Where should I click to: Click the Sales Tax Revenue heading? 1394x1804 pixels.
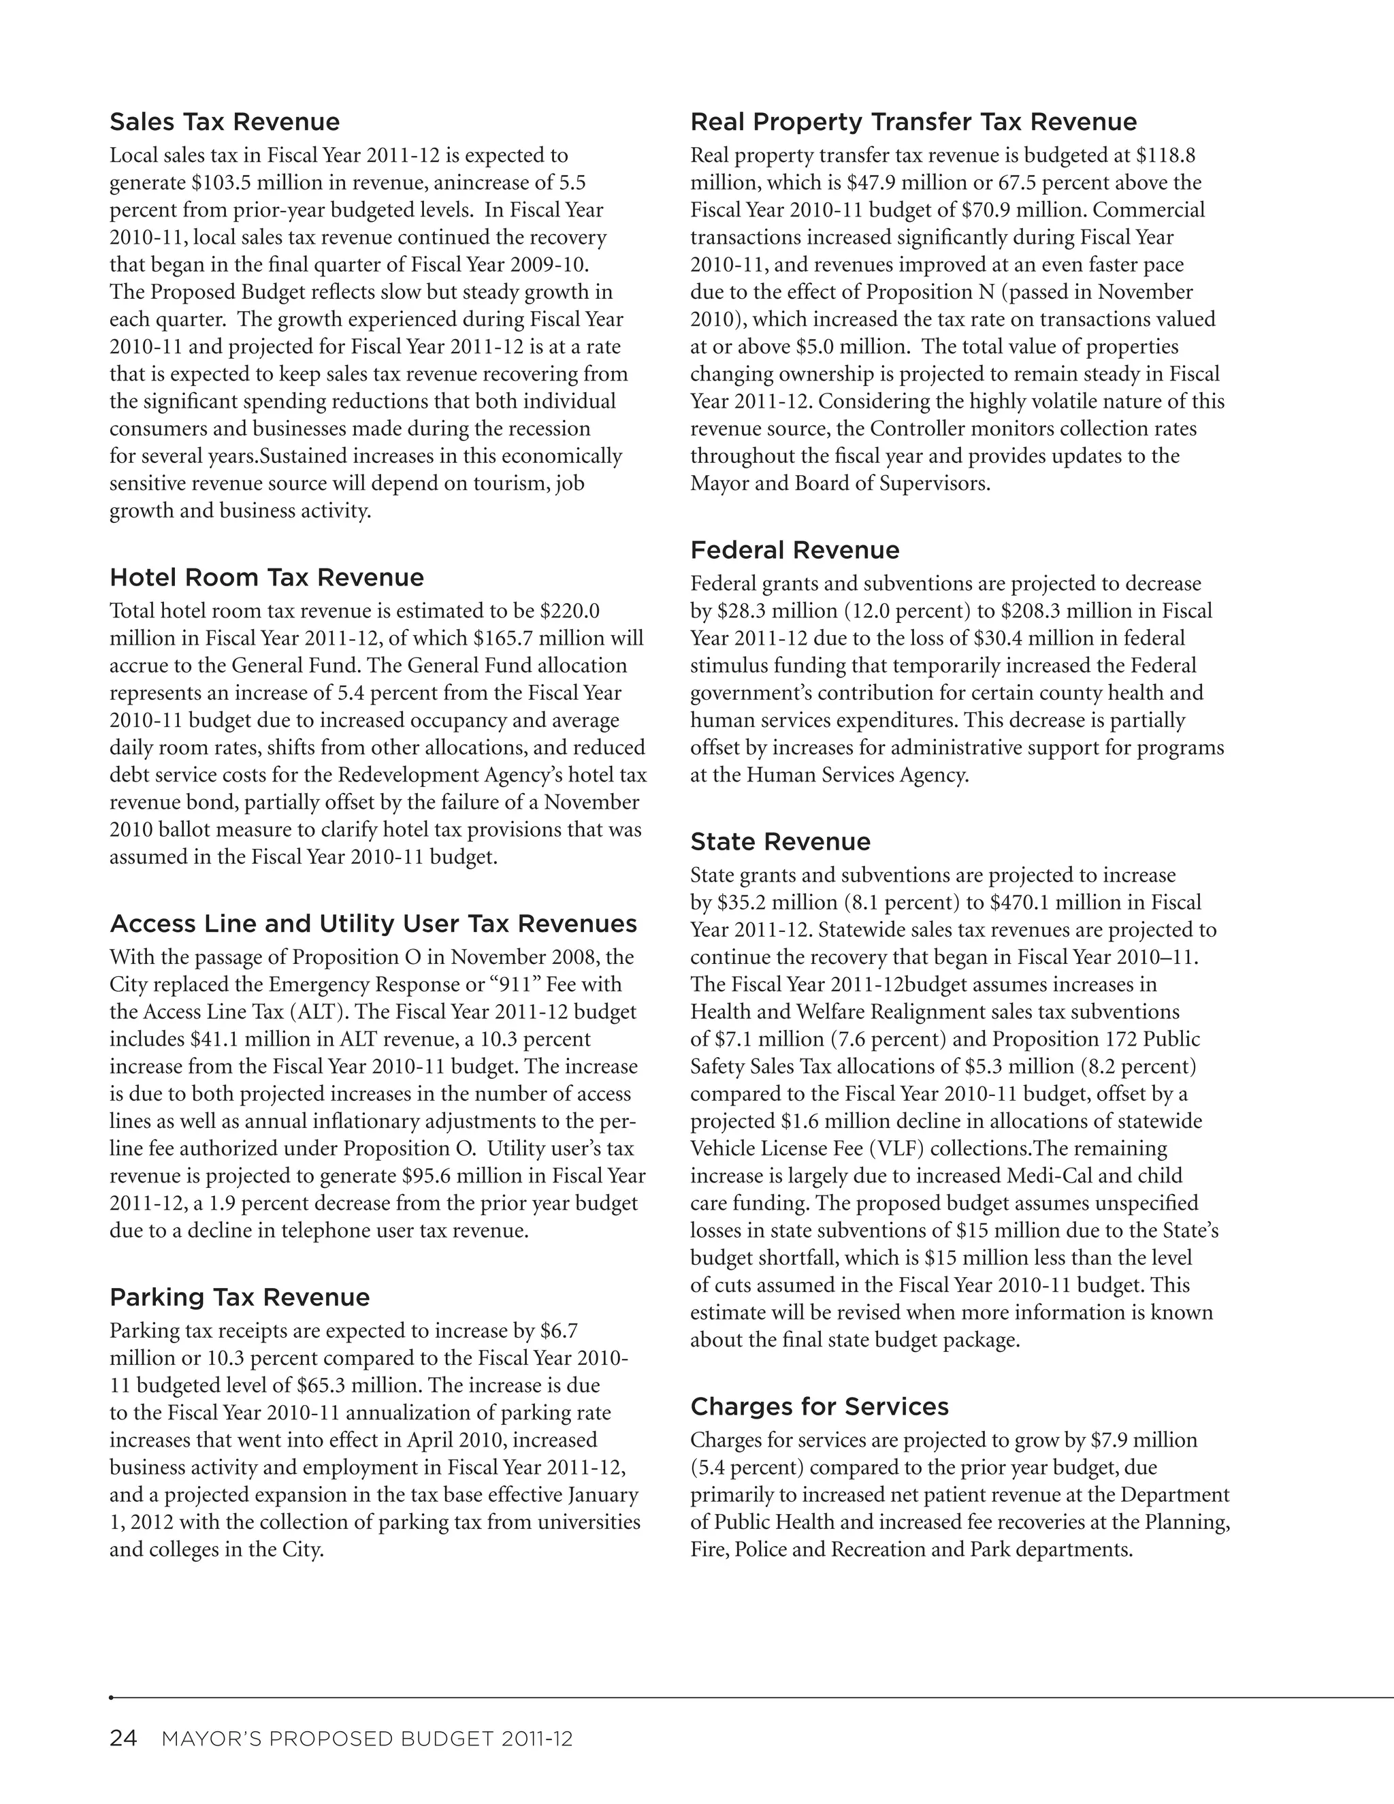225,123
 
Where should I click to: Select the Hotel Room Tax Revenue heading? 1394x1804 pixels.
267,577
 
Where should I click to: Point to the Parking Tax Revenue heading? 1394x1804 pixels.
240,1297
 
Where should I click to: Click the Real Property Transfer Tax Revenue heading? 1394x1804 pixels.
913,123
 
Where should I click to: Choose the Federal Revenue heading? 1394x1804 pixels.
794,550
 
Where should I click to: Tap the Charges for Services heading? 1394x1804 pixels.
820,1406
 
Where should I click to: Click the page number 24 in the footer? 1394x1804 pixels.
124,1739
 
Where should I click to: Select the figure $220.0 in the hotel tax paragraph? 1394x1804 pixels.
570,611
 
